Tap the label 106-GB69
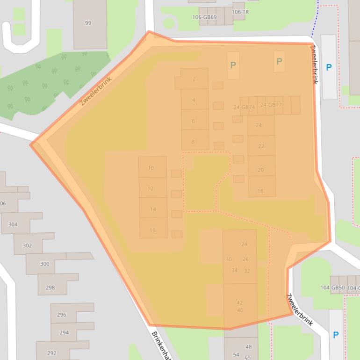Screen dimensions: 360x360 click(x=204, y=17)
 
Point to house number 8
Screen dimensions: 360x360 click(x=193, y=142)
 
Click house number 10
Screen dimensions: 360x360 click(x=151, y=168)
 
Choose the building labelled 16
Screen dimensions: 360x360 click(x=152, y=230)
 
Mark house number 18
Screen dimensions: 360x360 click(x=260, y=191)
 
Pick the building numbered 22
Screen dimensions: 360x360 click(x=261, y=146)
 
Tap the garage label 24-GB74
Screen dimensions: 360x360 click(x=244, y=107)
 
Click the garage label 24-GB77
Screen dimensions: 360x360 click(x=271, y=105)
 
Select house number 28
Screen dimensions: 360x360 click(x=244, y=244)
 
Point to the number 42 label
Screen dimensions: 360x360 click(x=240, y=302)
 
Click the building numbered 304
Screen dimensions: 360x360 click(x=13, y=224)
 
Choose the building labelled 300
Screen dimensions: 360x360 click(x=44, y=264)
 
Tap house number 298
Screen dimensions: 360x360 click(x=50, y=288)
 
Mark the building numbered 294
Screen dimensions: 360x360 click(x=64, y=332)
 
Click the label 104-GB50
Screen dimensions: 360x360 click(x=332, y=288)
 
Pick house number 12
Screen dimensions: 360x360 click(x=151, y=188)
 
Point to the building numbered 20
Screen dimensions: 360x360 click(x=261, y=170)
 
